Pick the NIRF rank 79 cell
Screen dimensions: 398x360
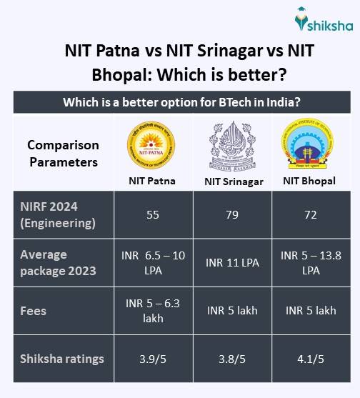point(233,214)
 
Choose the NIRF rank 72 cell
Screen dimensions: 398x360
point(309,214)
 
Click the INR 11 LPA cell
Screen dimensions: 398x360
point(233,262)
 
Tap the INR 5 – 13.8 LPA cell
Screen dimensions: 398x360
point(309,262)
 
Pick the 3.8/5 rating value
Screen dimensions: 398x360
point(233,359)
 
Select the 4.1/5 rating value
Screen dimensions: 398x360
point(309,359)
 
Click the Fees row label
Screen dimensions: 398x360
point(34,310)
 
